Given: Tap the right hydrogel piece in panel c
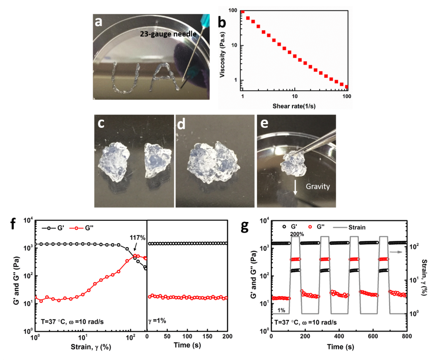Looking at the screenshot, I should coord(156,160).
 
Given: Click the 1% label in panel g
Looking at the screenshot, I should coord(281,310).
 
